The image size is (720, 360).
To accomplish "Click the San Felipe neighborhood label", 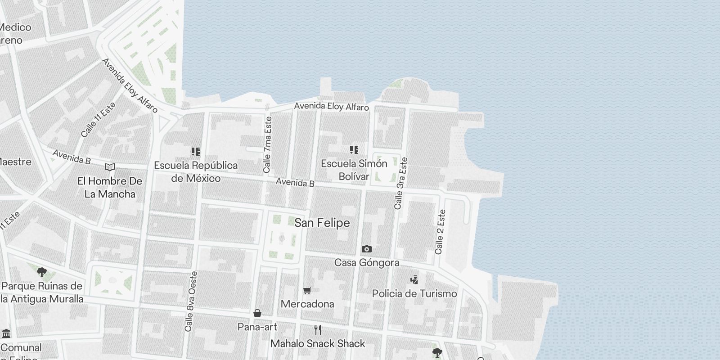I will [x=322, y=223].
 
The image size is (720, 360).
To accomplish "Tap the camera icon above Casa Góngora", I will [x=367, y=249].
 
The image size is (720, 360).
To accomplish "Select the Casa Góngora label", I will [x=367, y=262].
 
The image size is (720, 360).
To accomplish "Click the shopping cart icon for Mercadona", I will [x=307, y=290].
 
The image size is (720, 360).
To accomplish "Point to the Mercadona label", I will [x=307, y=304].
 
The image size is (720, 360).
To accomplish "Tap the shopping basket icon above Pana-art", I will [x=257, y=313].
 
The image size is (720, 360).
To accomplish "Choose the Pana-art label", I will [x=257, y=327].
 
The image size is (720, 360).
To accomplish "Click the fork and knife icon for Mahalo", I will [x=318, y=330].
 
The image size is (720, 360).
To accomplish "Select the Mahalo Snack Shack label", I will [x=318, y=343].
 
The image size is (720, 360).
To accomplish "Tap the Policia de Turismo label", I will [x=414, y=293].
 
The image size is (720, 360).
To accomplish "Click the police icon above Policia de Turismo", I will [x=414, y=279].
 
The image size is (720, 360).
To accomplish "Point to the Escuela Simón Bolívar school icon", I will [x=354, y=149].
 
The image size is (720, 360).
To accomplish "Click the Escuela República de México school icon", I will [x=195, y=152].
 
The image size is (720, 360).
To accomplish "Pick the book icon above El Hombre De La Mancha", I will [x=109, y=167].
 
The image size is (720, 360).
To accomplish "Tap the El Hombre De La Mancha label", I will [x=110, y=188].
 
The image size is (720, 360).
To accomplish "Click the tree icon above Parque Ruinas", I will [x=42, y=272].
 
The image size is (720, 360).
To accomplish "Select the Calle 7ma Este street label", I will [x=268, y=145].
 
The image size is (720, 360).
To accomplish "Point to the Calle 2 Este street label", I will [x=440, y=232].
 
